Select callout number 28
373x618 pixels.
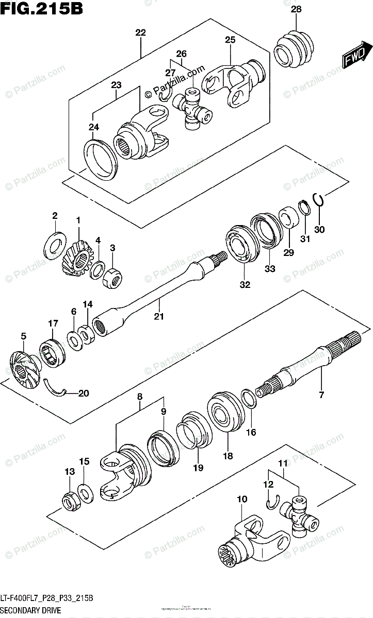pyautogui.click(x=296, y=9)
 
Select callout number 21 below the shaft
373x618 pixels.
pyautogui.click(x=159, y=316)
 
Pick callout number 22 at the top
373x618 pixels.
pyautogui.click(x=140, y=32)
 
